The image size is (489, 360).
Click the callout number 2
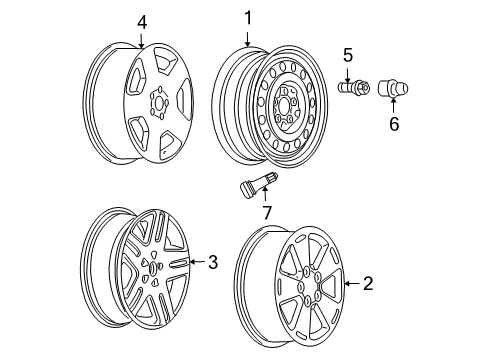(367, 284)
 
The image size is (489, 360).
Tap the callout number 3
(211, 263)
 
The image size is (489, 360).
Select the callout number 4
(141, 20)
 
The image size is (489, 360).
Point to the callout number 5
(348, 56)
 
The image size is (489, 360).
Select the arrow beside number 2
(352, 285)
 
